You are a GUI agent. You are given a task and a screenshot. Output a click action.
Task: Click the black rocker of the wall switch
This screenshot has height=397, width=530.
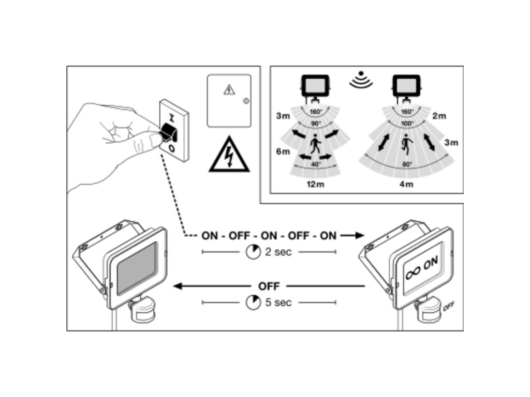tap(170, 131)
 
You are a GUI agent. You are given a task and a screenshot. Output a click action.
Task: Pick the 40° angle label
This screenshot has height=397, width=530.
tap(316, 164)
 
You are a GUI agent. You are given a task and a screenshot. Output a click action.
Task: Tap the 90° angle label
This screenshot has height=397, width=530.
tap(316, 124)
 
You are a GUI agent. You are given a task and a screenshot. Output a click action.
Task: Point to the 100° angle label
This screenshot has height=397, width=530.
tap(407, 124)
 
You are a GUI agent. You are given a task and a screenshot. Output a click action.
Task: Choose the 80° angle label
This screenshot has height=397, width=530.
tap(407, 164)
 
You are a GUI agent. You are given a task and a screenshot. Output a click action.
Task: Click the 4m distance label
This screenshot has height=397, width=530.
tap(406, 185)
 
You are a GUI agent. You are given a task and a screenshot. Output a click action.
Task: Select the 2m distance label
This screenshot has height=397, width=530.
tap(439, 116)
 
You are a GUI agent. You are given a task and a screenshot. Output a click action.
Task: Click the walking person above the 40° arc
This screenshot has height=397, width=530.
tap(315, 146)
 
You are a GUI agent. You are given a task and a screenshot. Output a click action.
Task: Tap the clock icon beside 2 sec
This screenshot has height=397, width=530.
tap(253, 252)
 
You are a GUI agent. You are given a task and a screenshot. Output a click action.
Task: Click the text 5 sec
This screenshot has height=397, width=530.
tap(278, 302)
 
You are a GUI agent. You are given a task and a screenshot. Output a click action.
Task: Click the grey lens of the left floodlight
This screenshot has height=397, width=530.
tap(137, 269)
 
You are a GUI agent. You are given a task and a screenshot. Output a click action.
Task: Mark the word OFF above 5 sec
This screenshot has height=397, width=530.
tap(268, 286)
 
